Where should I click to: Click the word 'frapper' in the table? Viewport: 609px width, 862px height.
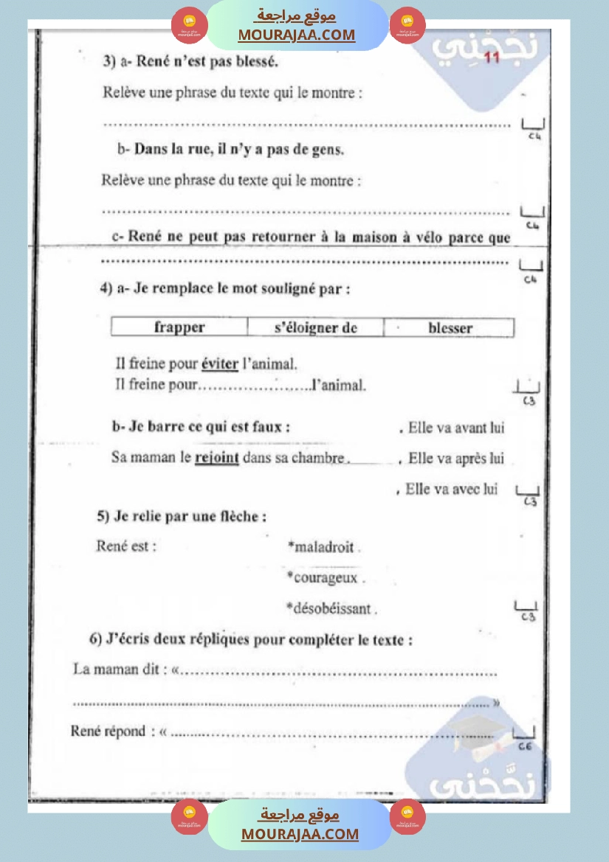(x=179, y=327)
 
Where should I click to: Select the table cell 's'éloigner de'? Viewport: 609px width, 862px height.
(x=315, y=327)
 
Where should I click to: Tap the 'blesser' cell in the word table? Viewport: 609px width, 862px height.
(x=450, y=328)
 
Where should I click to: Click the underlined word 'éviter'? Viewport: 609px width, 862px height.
(x=220, y=364)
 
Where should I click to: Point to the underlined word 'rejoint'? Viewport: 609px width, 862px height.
(x=216, y=458)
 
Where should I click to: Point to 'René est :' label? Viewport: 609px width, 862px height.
(x=126, y=546)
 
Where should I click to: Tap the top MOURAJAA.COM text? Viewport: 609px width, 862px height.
(x=296, y=35)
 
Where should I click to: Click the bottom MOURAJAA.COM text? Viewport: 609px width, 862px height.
(x=300, y=834)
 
